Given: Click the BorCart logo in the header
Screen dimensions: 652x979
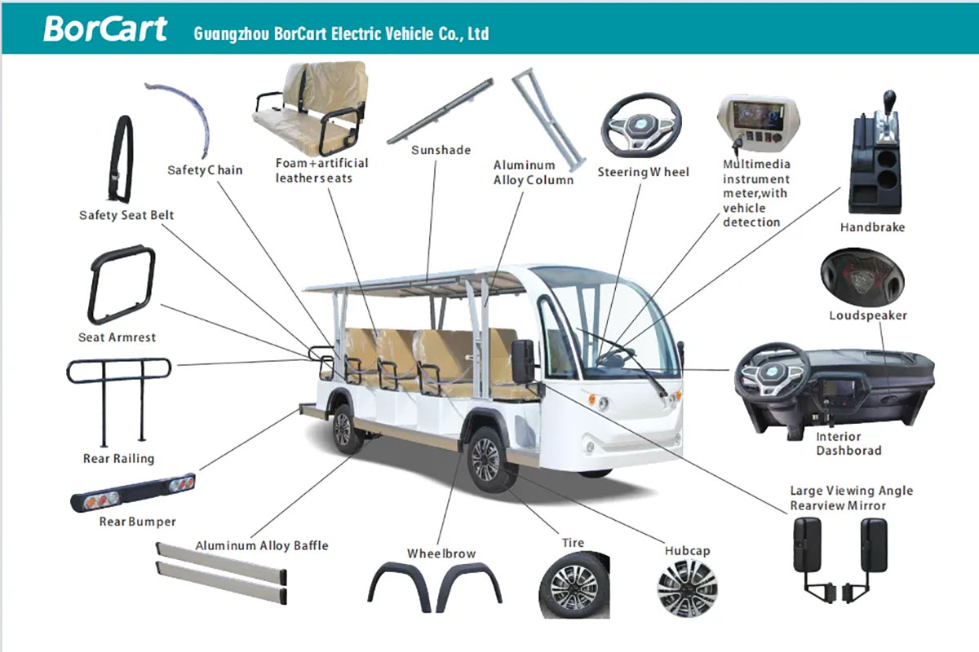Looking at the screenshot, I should pyautogui.click(x=104, y=29).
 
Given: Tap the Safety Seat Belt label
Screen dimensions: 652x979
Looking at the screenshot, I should pyautogui.click(x=126, y=215).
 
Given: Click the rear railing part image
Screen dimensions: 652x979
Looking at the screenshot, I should pyautogui.click(x=118, y=399).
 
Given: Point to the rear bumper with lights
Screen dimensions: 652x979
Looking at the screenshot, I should pyautogui.click(x=133, y=492).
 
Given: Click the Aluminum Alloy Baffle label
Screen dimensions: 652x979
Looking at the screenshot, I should pyautogui.click(x=261, y=545).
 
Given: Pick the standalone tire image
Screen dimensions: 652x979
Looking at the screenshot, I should pyautogui.click(x=574, y=585).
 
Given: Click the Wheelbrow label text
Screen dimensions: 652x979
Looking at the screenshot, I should pyautogui.click(x=441, y=553).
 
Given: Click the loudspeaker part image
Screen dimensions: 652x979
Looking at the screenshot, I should pyautogui.click(x=864, y=275).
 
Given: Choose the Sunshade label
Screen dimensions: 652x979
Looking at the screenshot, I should pyautogui.click(x=441, y=150).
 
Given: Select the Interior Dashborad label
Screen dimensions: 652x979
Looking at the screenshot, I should pyautogui.click(x=848, y=443).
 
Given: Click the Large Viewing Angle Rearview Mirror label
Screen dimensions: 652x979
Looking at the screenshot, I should pyautogui.click(x=851, y=498).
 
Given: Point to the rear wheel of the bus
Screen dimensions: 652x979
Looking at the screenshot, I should pyautogui.click(x=343, y=429).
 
